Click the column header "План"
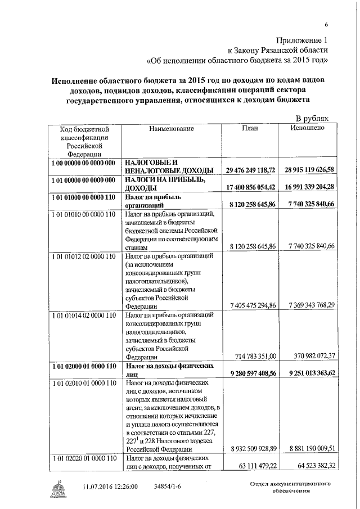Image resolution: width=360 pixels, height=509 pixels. pyautogui.click(x=250, y=129)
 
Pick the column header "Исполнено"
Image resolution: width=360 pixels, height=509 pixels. pyautogui.click(x=307, y=129)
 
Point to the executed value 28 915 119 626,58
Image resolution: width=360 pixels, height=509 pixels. pyautogui.click(x=309, y=170)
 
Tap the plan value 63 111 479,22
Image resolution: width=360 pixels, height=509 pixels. pyautogui.click(x=254, y=466)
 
